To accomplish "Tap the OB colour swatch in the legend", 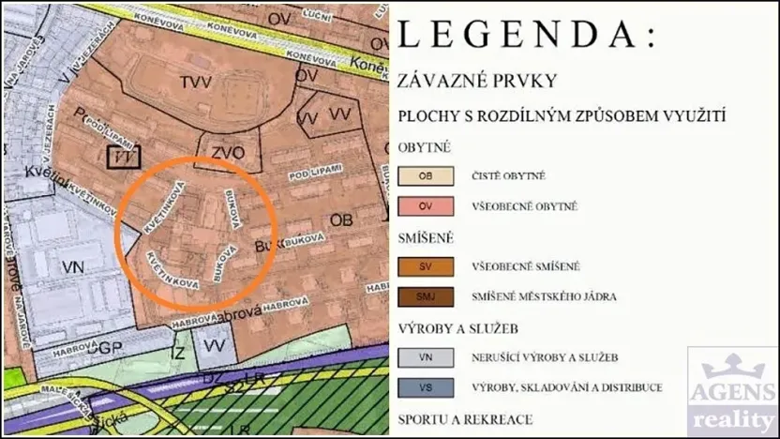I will click(426, 175).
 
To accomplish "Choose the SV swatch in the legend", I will click(426, 266).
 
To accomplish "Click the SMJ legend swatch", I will click(426, 297).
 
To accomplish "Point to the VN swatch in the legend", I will click(426, 357).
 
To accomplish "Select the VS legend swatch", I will click(426, 387).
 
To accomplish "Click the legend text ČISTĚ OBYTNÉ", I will click(509, 175).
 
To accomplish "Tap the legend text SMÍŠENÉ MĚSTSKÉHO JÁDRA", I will click(544, 297).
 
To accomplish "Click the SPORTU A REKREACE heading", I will click(465, 419).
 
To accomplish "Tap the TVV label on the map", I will click(196, 83).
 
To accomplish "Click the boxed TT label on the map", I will click(122, 159).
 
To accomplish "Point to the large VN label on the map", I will click(73, 267).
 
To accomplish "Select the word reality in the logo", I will click(732, 417).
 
